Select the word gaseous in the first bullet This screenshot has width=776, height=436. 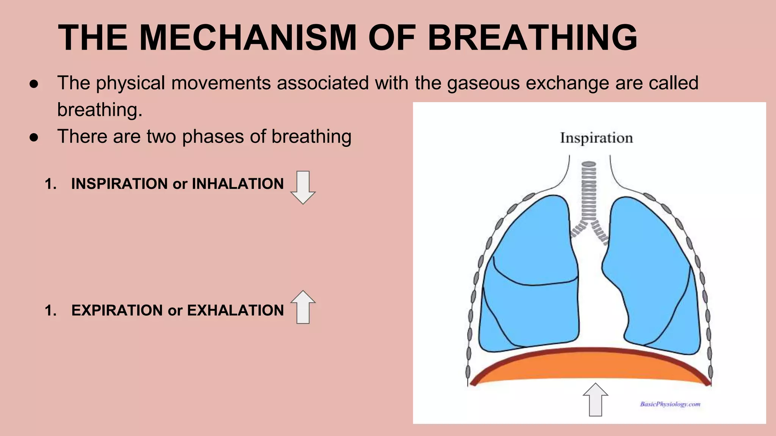[483, 83]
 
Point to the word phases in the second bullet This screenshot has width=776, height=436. [213, 137]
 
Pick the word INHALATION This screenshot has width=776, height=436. [238, 184]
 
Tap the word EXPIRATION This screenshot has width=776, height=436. [117, 310]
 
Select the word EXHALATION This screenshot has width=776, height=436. [235, 310]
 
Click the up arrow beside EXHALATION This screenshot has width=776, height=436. [303, 307]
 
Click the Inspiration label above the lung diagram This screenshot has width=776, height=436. [596, 138]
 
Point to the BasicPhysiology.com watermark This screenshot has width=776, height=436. [670, 404]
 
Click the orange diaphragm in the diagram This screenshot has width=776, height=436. [590, 366]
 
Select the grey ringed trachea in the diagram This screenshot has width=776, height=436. [589, 193]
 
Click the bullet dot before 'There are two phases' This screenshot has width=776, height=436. [34, 137]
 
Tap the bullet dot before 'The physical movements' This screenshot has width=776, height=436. [34, 84]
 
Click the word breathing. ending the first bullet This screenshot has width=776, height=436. [100, 110]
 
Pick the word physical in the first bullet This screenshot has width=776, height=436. [130, 83]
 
